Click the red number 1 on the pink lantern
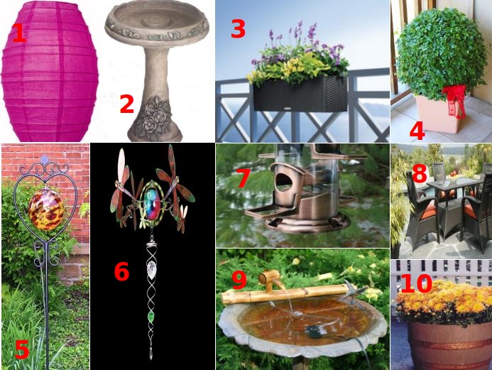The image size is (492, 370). click(19, 33)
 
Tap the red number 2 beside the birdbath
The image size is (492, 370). click(127, 104)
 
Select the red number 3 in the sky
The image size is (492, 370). click(238, 28)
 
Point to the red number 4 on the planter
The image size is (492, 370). click(417, 131)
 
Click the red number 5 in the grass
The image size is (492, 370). click(22, 349)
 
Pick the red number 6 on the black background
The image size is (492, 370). click(121, 272)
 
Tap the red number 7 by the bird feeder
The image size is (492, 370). click(244, 178)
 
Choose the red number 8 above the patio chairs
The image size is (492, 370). click(420, 173)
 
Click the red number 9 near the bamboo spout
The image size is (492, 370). click(239, 280)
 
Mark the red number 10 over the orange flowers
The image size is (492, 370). click(416, 283)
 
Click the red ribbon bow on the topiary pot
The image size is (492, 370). click(455, 100)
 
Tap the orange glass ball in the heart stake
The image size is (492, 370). click(46, 209)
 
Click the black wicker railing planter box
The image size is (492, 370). click(300, 94)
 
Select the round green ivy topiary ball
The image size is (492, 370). click(442, 53)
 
